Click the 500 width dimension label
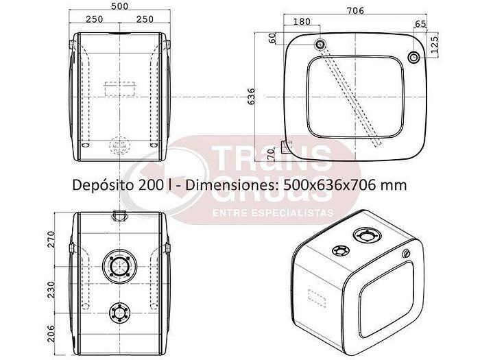tap(120, 5)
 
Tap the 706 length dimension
tap(355, 10)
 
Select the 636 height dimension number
tap(251, 97)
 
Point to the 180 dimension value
tap(302, 21)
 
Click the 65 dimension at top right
tap(420, 23)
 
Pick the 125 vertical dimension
tap(434, 45)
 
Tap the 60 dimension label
tap(272, 38)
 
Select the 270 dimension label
tap(51, 239)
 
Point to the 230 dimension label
tap(51, 289)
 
